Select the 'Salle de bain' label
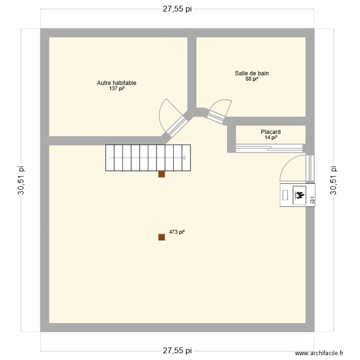pyautogui.click(x=252, y=73)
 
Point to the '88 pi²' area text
pyautogui.click(x=252, y=79)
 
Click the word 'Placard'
pyautogui.click(x=271, y=132)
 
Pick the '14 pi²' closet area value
pyautogui.click(x=271, y=138)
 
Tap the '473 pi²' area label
pyautogui.click(x=177, y=232)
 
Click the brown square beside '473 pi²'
pyautogui.click(x=162, y=237)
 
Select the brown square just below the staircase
pyautogui.click(x=162, y=175)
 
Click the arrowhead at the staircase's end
pyautogui.click(x=185, y=158)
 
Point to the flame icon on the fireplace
pyautogui.click(x=300, y=195)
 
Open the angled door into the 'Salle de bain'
pyautogui.click(x=216, y=115)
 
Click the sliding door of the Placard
pyautogui.click(x=269, y=147)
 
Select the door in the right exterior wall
pyautogui.click(x=310, y=168)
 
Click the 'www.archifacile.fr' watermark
pyautogui.click(x=320, y=353)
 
